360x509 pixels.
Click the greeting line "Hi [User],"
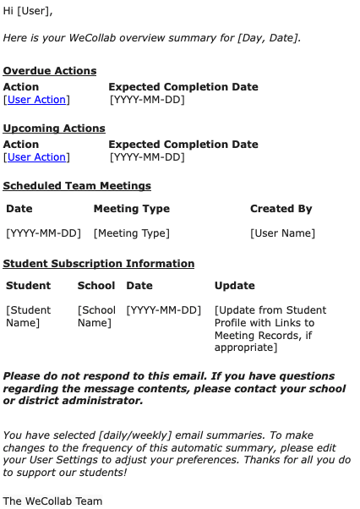[x=27, y=11]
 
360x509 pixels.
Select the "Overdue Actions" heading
[x=50, y=71]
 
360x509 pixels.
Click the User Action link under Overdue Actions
[x=36, y=100]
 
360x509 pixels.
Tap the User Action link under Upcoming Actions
[x=36, y=157]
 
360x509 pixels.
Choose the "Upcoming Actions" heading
[x=54, y=129]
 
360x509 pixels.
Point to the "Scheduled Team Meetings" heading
[x=77, y=186]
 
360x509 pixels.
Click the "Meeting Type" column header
[x=131, y=209]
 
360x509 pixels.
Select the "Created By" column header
[x=281, y=209]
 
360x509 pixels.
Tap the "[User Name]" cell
[x=282, y=233]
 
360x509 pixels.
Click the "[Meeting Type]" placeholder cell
[x=131, y=233]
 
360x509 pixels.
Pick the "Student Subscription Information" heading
[x=99, y=264]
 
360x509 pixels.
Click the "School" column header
[x=96, y=286]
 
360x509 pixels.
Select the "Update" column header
[x=234, y=286]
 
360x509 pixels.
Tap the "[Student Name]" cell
[x=28, y=316]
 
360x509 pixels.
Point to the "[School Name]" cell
[x=96, y=316]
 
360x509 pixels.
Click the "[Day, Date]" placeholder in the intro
[x=268, y=38]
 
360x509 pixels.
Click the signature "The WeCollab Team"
[x=52, y=501]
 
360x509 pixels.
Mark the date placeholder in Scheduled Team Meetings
[x=43, y=233]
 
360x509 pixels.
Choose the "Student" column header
[x=28, y=286]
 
